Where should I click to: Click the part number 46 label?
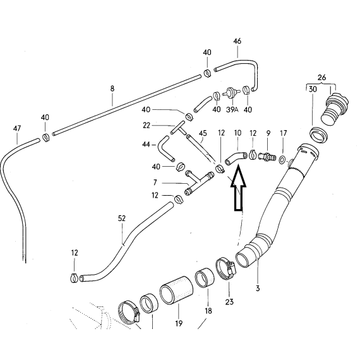click(x=237, y=41)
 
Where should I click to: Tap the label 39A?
click(x=232, y=109)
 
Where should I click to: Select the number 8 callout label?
click(x=112, y=88)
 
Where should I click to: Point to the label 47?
click(x=17, y=128)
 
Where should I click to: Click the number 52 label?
click(x=122, y=219)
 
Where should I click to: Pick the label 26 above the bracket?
click(x=321, y=78)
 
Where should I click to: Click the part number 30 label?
click(x=313, y=89)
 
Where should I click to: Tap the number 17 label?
click(x=284, y=133)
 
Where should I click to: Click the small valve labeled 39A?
click(x=231, y=93)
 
